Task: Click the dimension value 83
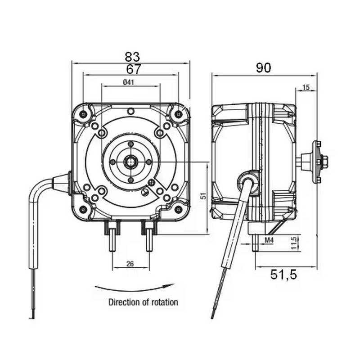[132, 57]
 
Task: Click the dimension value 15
[306, 88]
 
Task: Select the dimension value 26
[130, 264]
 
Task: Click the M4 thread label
[269, 241]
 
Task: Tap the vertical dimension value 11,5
[293, 242]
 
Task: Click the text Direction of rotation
[143, 302]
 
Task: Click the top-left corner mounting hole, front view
[84, 114]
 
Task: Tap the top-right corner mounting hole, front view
[179, 114]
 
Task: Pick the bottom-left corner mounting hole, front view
[83, 208]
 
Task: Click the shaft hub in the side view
[318, 161]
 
